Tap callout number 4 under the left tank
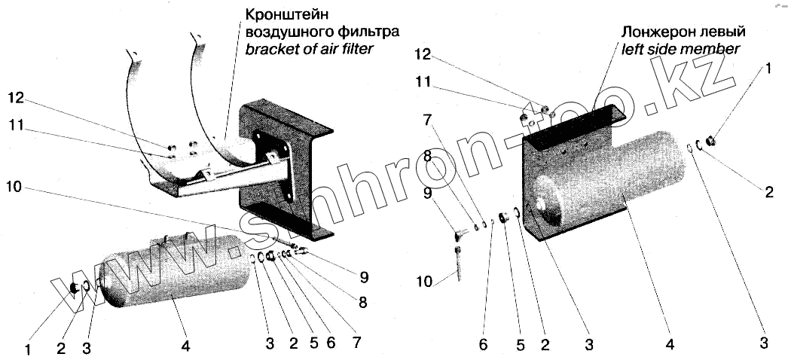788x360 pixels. (185, 347)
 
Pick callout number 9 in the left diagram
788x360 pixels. (364, 277)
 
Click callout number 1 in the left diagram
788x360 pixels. (28, 349)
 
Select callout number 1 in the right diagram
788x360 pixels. (768, 69)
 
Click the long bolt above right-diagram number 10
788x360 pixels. (458, 260)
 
